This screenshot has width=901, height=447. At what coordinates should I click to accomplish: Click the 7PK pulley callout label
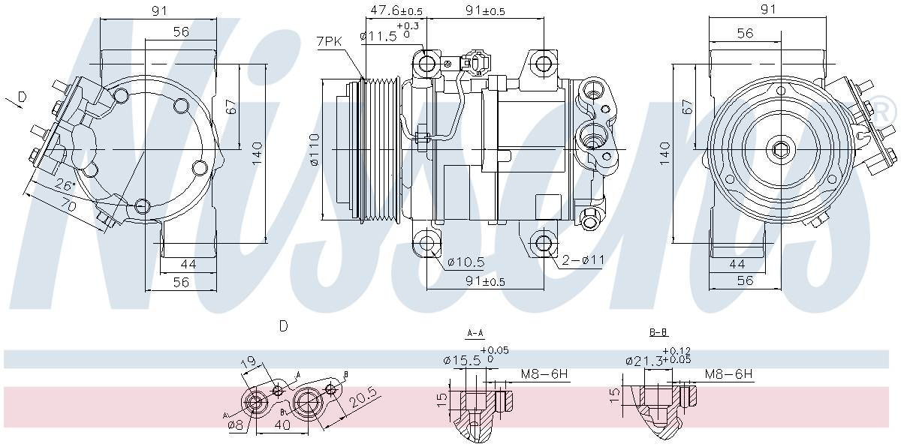click(x=329, y=42)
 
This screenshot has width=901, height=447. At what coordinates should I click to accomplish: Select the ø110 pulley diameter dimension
click(x=315, y=147)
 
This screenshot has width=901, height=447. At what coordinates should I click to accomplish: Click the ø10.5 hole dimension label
click(x=466, y=262)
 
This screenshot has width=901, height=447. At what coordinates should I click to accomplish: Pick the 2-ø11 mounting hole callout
click(x=583, y=260)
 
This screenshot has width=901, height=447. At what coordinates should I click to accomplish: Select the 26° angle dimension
click(x=65, y=184)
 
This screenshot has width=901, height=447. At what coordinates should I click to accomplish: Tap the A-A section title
click(x=475, y=332)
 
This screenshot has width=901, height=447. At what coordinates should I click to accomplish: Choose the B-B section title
click(x=658, y=331)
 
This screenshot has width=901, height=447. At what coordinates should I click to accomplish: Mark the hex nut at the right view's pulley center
click(x=781, y=149)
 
